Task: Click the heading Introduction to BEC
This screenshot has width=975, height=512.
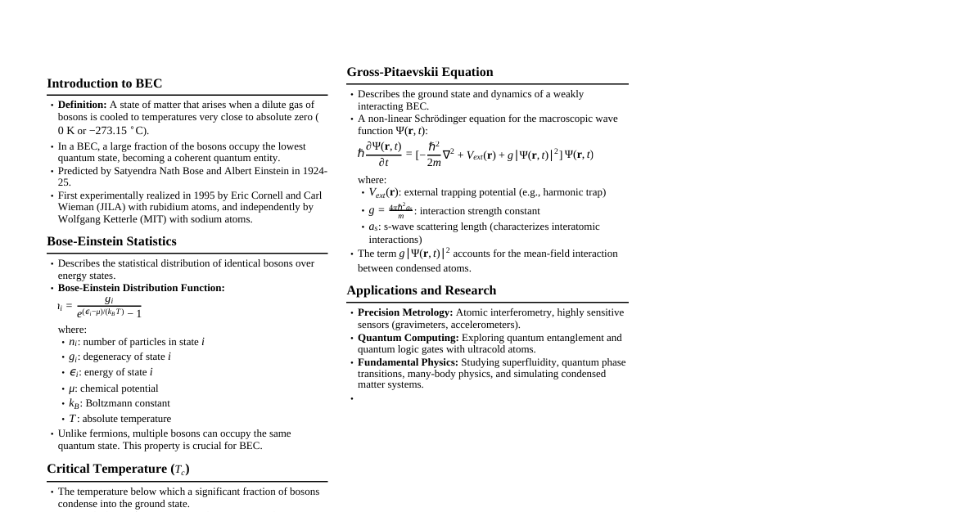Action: click(x=104, y=83)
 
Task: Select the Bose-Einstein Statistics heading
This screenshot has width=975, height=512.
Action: click(x=111, y=241)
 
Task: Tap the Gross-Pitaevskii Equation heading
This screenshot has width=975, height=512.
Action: click(x=419, y=72)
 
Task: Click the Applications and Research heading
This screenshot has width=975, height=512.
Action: click(x=421, y=290)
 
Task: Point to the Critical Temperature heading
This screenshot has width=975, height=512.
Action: click(x=118, y=469)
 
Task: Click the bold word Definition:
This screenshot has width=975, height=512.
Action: click(x=82, y=105)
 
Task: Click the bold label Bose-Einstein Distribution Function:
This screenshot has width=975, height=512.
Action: click(x=141, y=288)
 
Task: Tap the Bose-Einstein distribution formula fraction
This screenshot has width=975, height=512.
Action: click(x=109, y=307)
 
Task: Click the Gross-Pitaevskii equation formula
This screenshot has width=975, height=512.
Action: click(x=475, y=154)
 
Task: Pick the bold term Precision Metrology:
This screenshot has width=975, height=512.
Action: click(x=405, y=312)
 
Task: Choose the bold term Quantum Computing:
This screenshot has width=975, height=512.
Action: click(x=408, y=338)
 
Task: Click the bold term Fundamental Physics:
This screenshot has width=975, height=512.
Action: click(x=408, y=362)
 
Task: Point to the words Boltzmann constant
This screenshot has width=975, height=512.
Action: click(x=128, y=403)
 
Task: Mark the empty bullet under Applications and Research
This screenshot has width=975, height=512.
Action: click(x=352, y=399)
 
